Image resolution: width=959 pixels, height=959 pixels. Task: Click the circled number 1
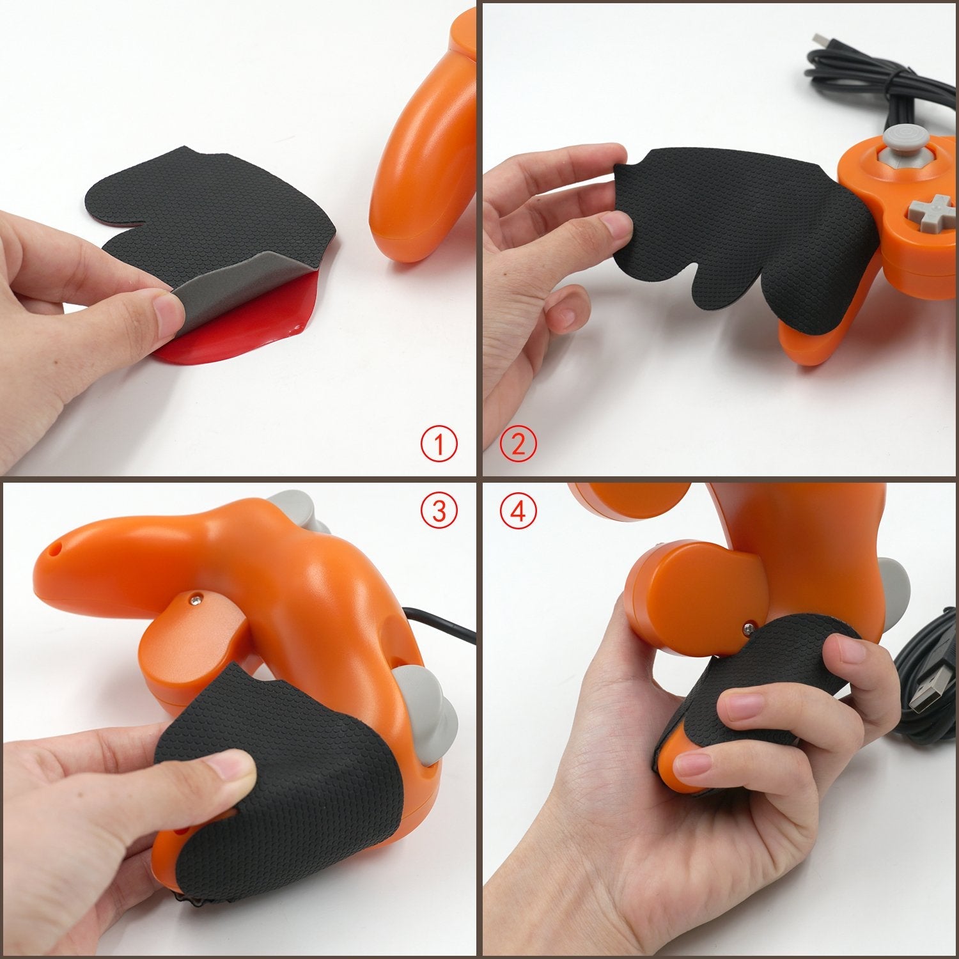[x=439, y=444]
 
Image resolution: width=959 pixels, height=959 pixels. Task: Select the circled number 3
[x=439, y=511]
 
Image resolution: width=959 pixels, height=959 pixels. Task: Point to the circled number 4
[x=518, y=511]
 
